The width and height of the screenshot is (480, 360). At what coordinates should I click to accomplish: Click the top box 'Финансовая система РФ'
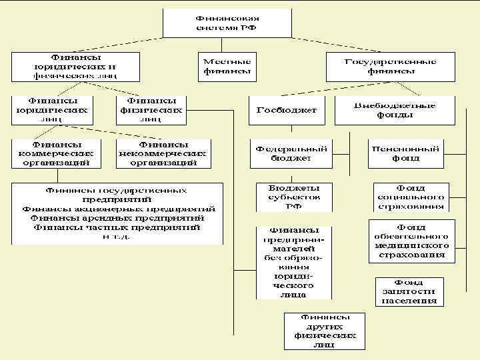[228, 23]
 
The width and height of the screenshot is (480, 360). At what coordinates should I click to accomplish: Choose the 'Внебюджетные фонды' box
[395, 109]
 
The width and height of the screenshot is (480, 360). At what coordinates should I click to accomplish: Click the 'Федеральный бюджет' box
[291, 153]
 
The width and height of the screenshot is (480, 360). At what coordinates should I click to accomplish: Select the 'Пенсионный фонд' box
[405, 153]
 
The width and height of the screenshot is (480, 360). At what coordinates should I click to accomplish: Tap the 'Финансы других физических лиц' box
[325, 331]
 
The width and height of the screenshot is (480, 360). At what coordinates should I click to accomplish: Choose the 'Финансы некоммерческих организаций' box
[163, 153]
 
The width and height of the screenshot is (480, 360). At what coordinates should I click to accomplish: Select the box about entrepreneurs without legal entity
[294, 262]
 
